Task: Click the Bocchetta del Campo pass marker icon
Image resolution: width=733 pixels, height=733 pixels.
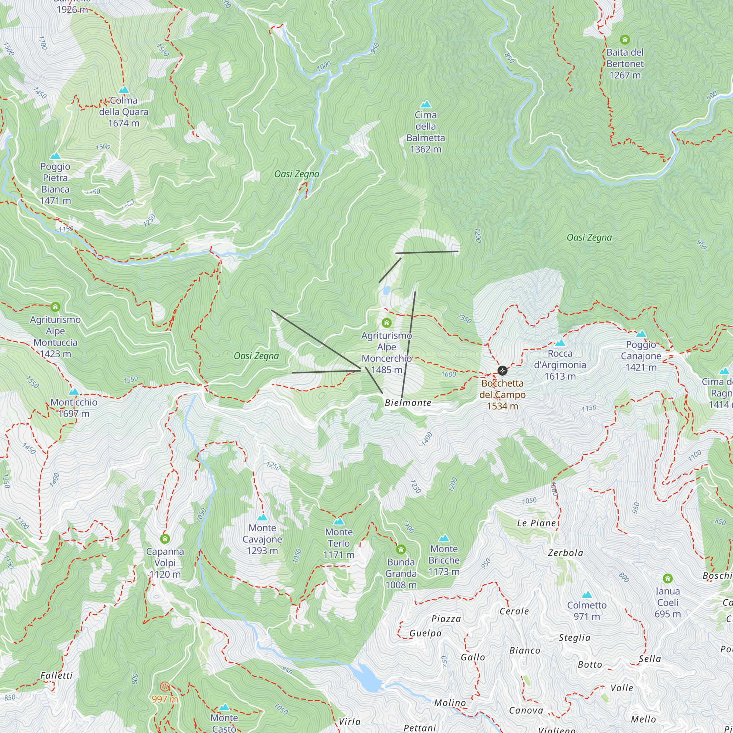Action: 502,370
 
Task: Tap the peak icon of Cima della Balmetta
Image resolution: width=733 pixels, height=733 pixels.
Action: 426,104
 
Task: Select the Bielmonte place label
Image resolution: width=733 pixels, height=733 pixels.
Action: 408,403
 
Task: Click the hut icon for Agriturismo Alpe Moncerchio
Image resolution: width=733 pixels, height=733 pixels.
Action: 387,323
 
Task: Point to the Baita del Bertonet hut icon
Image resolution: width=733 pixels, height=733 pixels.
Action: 625,40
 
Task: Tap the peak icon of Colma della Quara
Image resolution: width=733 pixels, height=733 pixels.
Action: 124,90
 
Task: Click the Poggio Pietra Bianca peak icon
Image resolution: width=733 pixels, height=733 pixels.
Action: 55,156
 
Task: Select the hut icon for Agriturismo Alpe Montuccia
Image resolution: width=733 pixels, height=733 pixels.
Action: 55,306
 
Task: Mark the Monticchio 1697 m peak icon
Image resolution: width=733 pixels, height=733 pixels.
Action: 74,391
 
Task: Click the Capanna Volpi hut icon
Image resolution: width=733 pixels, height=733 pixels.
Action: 165,539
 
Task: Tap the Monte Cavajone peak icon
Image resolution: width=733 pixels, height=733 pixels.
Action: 262,517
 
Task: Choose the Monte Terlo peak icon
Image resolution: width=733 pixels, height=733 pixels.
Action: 339,521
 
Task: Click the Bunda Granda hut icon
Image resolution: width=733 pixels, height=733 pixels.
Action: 401,549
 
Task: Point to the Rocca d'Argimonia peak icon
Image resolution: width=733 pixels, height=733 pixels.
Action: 560,343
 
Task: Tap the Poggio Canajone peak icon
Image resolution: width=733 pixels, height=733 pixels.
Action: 641,334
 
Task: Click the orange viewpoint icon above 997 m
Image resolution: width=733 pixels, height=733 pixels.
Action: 164,686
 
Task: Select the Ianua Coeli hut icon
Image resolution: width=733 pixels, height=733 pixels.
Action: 668,579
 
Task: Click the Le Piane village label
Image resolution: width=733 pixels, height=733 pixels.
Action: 537,523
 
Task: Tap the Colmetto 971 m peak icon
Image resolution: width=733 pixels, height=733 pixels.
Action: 587,594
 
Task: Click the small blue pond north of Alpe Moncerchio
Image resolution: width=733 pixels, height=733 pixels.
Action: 386,291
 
